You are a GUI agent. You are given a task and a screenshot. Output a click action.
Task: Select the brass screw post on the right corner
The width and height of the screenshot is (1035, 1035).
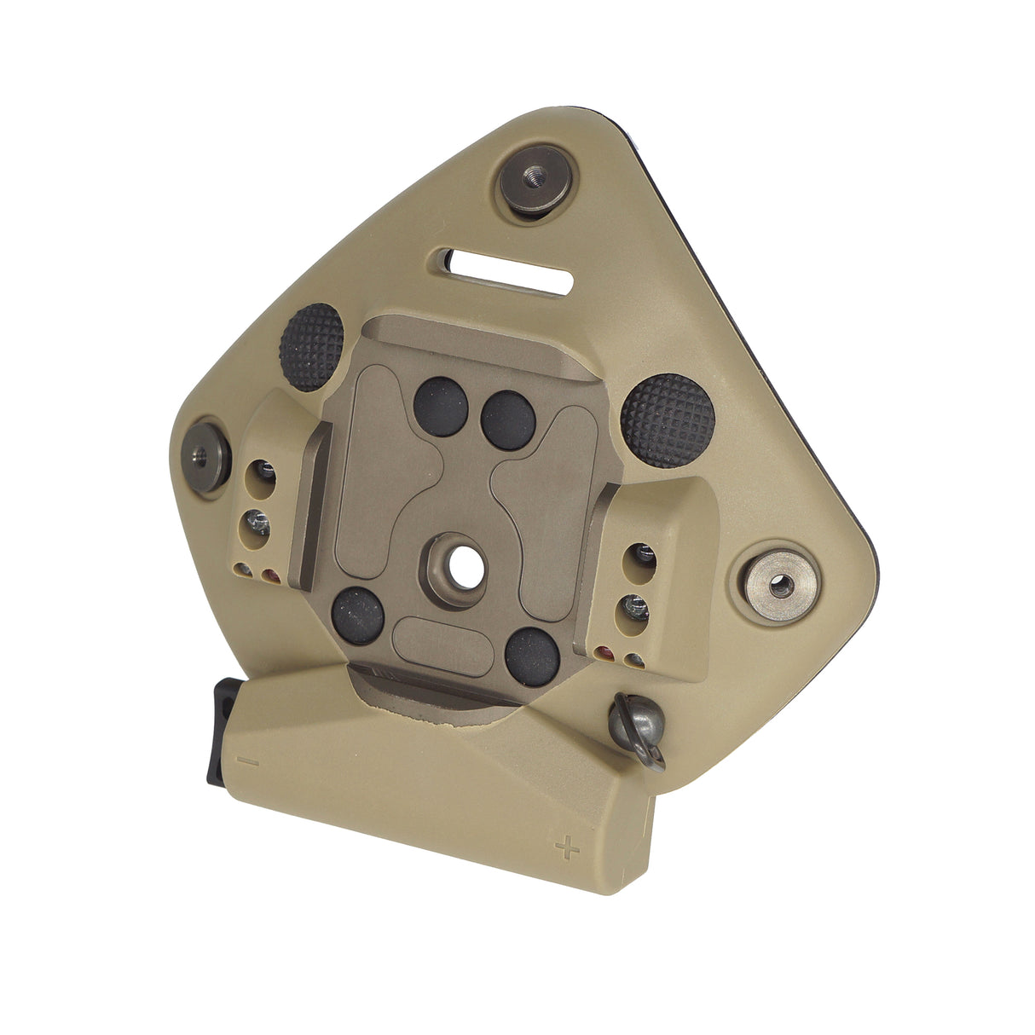tap(778, 583)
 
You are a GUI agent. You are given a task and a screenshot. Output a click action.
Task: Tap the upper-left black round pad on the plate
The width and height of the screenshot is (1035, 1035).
tap(441, 407)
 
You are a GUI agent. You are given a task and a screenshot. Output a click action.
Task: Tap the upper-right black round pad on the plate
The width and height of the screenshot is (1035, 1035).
tap(508, 419)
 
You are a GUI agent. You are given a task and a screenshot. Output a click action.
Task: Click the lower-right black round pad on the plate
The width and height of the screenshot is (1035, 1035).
tap(531, 656)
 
